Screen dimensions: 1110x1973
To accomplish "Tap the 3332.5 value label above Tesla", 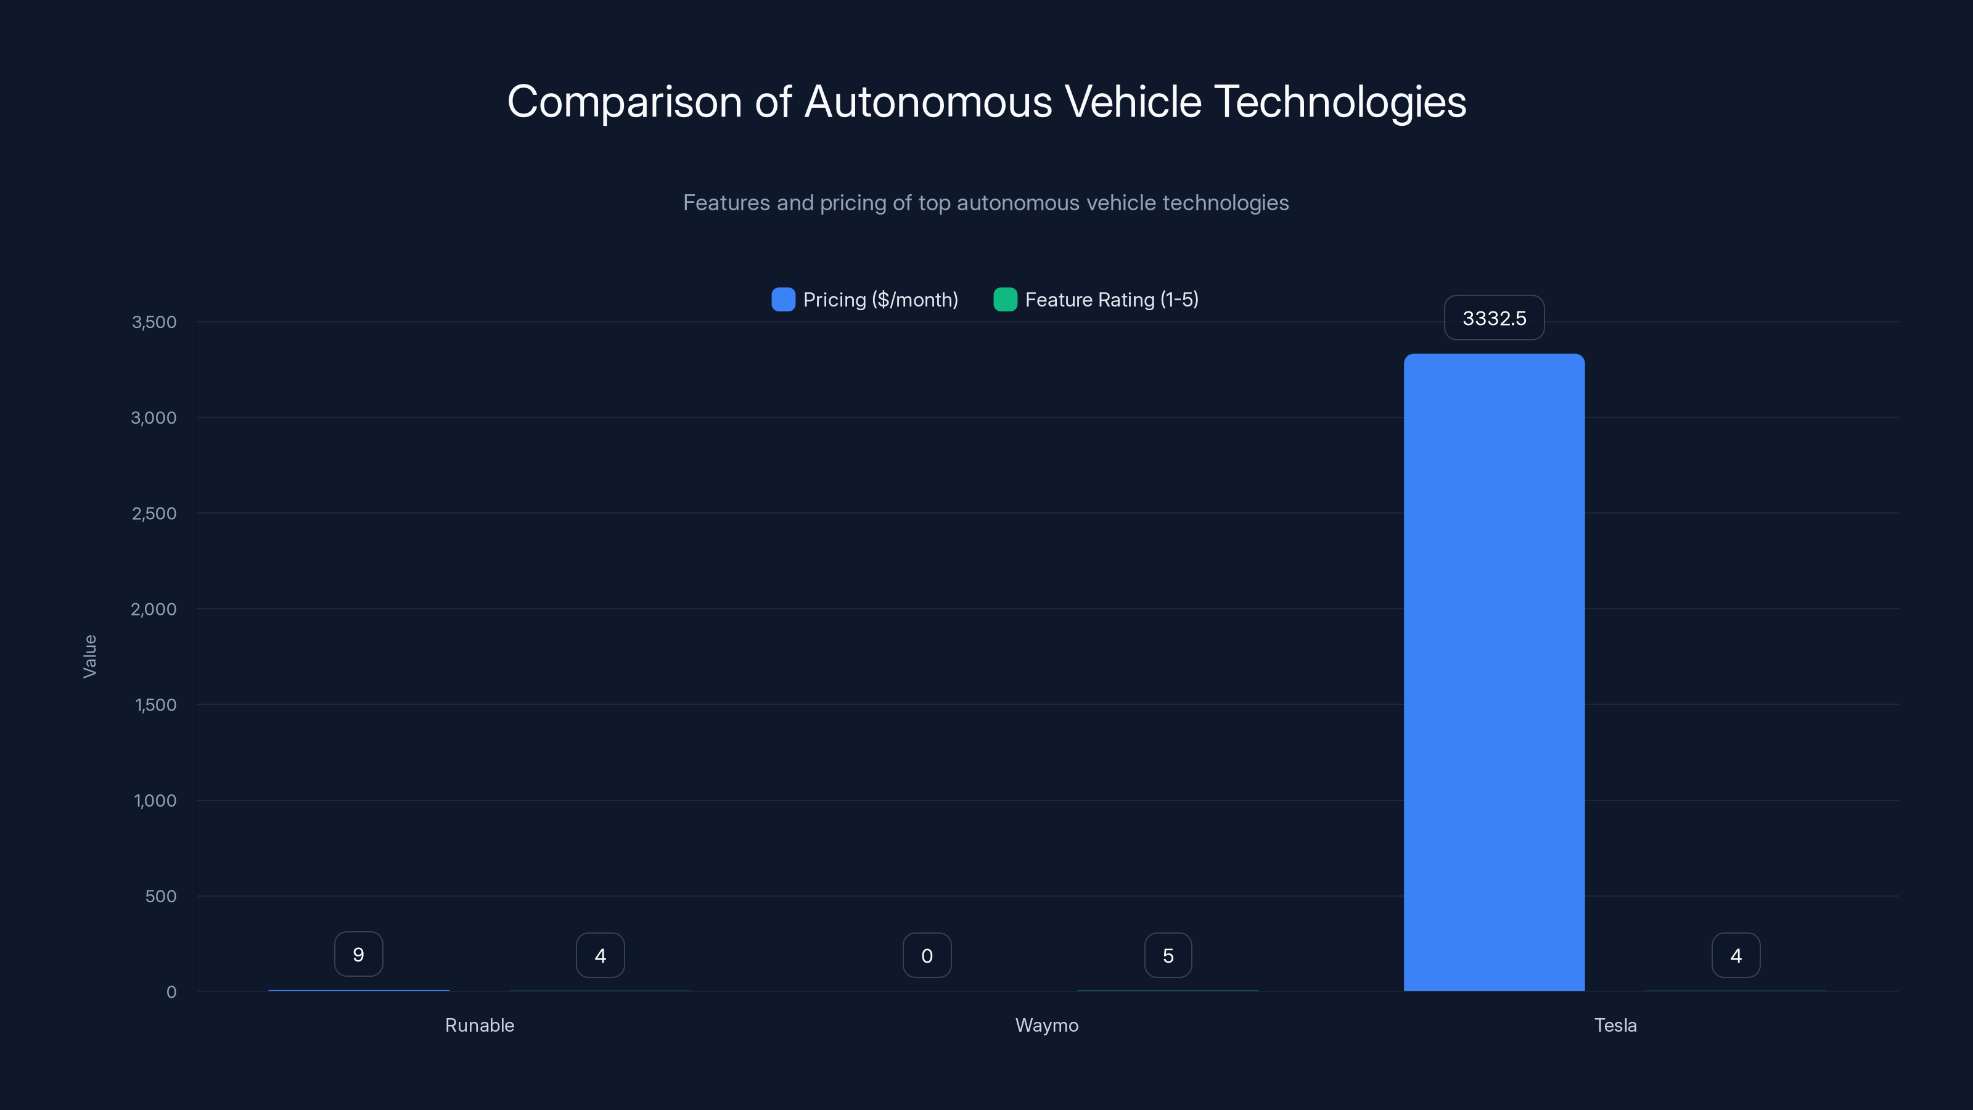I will coord(1493,318).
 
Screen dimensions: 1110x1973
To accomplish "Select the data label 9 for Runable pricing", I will coord(358,955).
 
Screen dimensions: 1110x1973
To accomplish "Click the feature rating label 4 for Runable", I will coord(600,955).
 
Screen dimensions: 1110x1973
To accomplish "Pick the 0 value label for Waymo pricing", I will coord(927,955).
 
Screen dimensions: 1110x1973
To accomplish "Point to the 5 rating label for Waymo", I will coord(1167,955).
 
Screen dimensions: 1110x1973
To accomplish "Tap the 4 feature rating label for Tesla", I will coord(1736,955).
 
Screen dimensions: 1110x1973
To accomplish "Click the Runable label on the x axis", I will coord(480,1025).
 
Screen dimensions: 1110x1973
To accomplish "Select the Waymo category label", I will coord(1046,1025).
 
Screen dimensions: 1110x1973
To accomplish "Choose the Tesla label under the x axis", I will coord(1615,1025).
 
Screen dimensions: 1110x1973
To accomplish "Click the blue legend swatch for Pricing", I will coord(783,300).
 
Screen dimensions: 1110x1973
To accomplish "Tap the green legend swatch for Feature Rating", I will coord(1005,300).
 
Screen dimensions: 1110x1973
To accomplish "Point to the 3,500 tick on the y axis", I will coord(154,322).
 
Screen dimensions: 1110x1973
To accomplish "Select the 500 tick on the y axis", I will coord(161,896).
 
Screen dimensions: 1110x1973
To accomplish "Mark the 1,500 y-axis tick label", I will coord(155,705).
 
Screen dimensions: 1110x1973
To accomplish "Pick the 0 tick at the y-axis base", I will coord(171,992).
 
